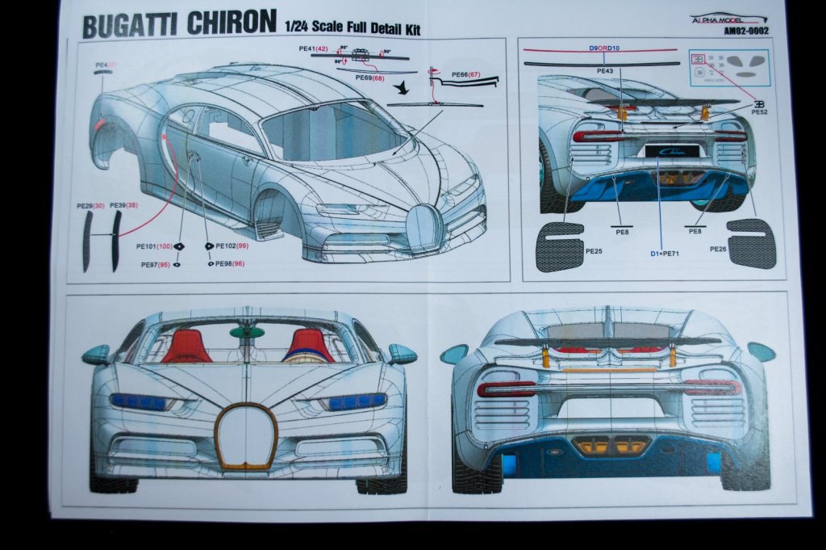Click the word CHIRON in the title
pos(232,23)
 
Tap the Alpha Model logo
pos(728,19)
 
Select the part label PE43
pos(605,71)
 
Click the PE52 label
pos(759,112)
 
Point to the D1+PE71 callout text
pos(663,254)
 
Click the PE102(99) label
pos(227,245)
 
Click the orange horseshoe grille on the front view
pos(246,436)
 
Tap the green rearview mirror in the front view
pos(247,332)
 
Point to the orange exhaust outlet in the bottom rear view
pos(611,445)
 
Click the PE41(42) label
pos(312,49)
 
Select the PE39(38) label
pos(123,206)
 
